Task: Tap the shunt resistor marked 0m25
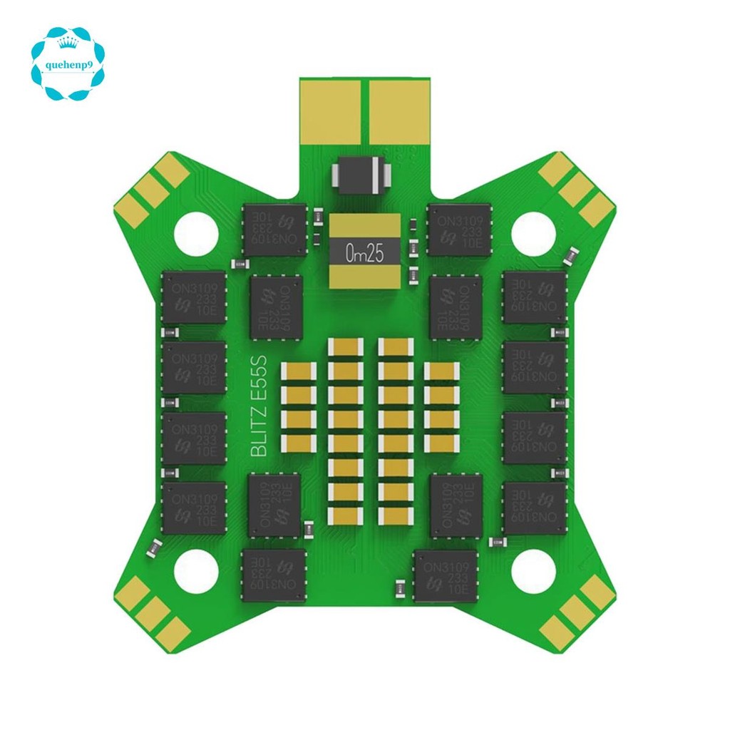(x=364, y=253)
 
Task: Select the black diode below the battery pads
(x=361, y=175)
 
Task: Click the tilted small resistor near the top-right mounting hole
(x=571, y=254)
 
